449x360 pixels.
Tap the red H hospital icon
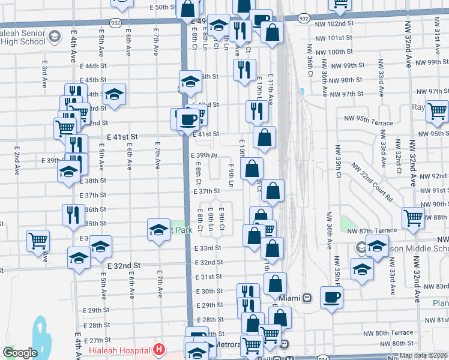(158, 349)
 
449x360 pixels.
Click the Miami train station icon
(306, 298)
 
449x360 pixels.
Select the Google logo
(20, 353)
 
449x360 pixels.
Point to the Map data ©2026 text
(423, 356)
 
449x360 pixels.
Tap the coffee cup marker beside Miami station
(331, 297)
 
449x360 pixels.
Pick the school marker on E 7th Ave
(159, 229)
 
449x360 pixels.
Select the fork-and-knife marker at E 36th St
(73, 214)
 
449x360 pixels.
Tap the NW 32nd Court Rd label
(372, 182)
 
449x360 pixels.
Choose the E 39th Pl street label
(203, 155)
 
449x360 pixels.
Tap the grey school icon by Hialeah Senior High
(55, 37)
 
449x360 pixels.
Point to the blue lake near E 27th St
(40, 337)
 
